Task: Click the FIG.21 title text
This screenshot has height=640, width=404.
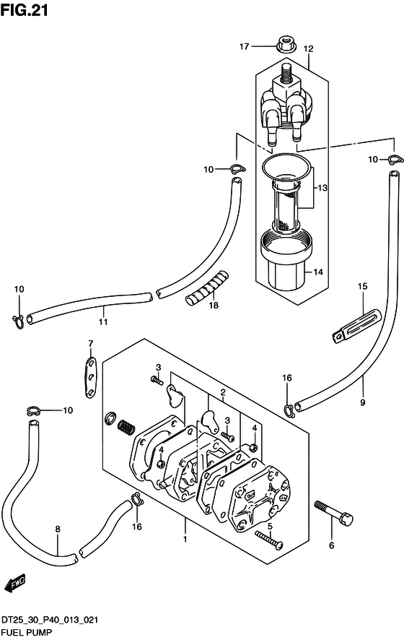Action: point(24,10)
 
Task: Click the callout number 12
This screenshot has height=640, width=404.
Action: point(308,49)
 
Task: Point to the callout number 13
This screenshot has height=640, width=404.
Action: point(322,188)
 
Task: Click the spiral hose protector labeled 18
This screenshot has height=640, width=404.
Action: point(206,287)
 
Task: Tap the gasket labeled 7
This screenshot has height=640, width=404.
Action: point(91,378)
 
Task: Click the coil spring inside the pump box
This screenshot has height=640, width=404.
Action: point(127,428)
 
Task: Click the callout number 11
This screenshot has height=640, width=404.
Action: point(103,322)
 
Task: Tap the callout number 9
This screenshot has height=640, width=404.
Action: point(362,402)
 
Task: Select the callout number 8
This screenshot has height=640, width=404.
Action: point(58,529)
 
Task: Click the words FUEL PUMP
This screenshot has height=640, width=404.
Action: point(27,633)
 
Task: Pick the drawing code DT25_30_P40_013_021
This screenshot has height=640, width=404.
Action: point(50,620)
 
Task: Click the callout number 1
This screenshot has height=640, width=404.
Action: point(185,539)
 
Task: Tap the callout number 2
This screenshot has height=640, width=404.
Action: point(223,393)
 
